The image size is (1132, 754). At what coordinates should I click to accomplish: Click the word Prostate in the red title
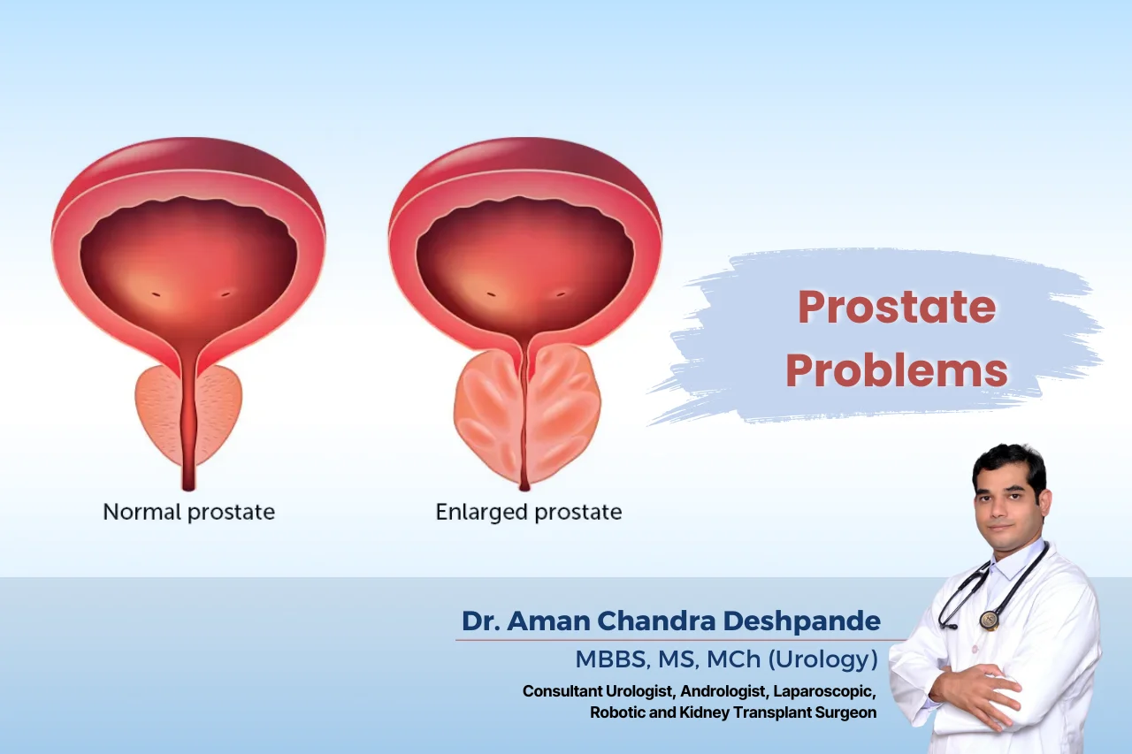(897, 307)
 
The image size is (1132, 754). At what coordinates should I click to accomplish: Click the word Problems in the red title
(897, 370)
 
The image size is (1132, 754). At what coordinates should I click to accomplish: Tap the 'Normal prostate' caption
(189, 512)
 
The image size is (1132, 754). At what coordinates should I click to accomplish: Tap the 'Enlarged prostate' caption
(529, 512)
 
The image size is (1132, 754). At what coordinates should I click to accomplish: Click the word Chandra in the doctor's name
(656, 621)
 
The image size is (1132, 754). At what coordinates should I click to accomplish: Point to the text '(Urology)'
(822, 659)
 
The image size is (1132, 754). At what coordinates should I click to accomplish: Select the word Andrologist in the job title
(723, 691)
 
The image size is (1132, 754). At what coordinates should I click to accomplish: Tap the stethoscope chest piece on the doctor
(990, 620)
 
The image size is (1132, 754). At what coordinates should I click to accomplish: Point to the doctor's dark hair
(1010, 462)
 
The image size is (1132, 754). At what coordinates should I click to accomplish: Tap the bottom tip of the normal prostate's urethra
(188, 489)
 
